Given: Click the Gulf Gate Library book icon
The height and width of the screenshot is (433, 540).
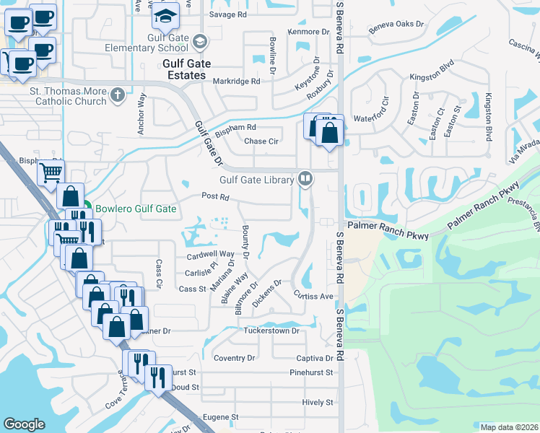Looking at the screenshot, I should click(x=305, y=178).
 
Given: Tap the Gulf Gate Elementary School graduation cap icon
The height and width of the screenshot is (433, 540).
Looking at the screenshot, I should click(x=165, y=14).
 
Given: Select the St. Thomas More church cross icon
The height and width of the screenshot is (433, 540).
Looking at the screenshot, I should click(x=118, y=95).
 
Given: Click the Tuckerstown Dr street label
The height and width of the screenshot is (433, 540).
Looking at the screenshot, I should click(x=271, y=331).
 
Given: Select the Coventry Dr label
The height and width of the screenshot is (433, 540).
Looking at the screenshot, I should click(x=235, y=358).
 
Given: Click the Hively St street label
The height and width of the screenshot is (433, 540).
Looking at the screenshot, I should click(x=318, y=402).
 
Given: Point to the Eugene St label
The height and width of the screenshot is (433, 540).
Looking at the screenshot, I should click(x=220, y=417).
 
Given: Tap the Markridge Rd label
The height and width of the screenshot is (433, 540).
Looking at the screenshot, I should click(x=236, y=82).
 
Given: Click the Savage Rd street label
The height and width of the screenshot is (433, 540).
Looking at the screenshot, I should click(x=227, y=14).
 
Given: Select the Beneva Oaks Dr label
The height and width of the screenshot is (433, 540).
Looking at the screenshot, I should click(x=396, y=24).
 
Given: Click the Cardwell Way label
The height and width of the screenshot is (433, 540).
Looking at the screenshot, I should click(x=210, y=254).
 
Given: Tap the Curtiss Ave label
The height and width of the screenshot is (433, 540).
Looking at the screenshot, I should click(x=313, y=296).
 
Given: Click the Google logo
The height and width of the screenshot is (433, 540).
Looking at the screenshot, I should click(x=24, y=424).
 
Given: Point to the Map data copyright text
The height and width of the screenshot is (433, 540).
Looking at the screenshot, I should click(x=509, y=427).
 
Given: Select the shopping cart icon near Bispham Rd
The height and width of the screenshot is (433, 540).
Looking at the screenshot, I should click(x=51, y=172).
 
